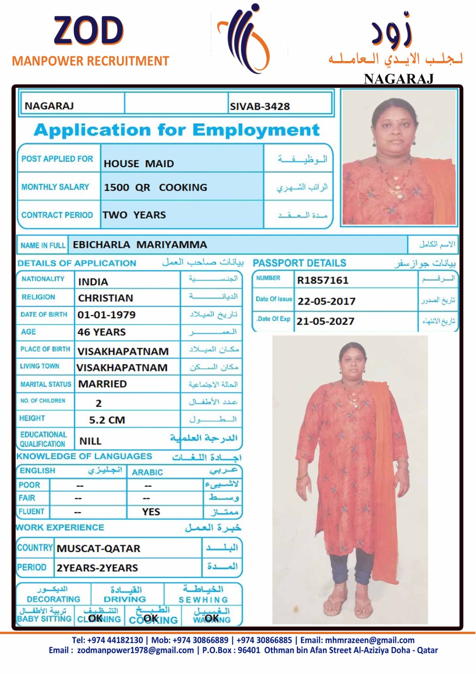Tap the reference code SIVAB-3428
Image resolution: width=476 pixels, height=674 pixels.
(260, 107)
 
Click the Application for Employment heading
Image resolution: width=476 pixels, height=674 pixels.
(177, 130)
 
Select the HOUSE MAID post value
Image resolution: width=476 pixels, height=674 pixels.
(138, 163)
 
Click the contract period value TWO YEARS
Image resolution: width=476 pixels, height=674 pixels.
(134, 215)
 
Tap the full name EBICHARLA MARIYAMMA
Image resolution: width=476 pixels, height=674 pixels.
(140, 245)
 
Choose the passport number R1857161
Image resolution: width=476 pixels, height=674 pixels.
(322, 280)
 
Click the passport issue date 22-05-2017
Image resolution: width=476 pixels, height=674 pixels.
(326, 301)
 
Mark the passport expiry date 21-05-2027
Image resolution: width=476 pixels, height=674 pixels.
(325, 321)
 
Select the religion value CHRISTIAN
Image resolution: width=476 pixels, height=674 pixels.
(105, 298)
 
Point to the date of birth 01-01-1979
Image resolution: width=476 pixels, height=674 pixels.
(106, 315)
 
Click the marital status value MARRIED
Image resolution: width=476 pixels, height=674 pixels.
(102, 384)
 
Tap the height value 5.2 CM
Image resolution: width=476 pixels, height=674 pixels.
(107, 420)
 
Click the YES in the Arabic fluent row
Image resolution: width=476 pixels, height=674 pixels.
(151, 512)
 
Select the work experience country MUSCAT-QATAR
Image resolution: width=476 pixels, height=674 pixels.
(98, 548)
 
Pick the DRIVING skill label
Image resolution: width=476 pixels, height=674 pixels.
(125, 599)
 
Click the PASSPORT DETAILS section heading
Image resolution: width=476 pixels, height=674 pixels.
(299, 263)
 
